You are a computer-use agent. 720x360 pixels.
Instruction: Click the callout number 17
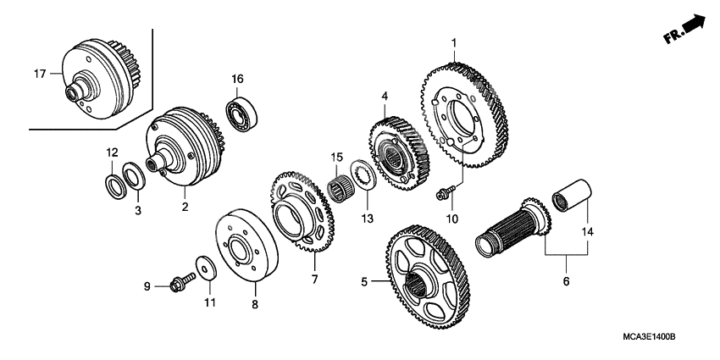click(39, 75)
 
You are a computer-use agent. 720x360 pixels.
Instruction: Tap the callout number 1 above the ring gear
click(454, 42)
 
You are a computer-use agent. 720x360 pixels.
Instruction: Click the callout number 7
click(314, 279)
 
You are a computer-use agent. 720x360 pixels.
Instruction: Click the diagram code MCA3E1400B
click(649, 337)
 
